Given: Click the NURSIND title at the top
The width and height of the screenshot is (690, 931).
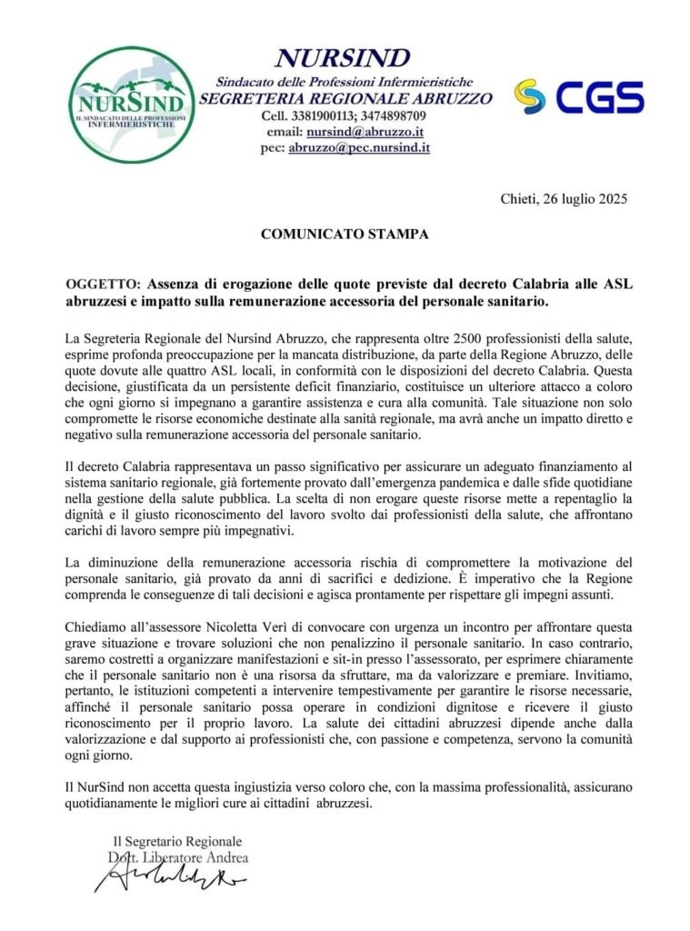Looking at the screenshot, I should [343, 59].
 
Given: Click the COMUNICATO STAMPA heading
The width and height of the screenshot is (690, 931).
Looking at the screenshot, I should [345, 234].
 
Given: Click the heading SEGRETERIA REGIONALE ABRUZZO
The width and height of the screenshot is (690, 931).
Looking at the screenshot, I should [346, 98].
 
